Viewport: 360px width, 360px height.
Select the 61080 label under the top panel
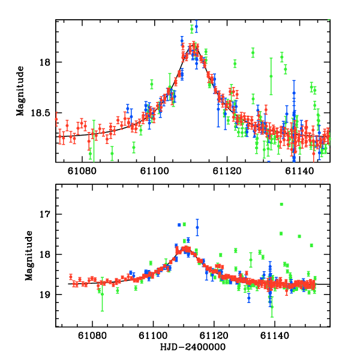point(82,170)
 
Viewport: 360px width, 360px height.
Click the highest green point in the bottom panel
point(281,204)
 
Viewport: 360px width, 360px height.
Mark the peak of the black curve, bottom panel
point(186,248)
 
